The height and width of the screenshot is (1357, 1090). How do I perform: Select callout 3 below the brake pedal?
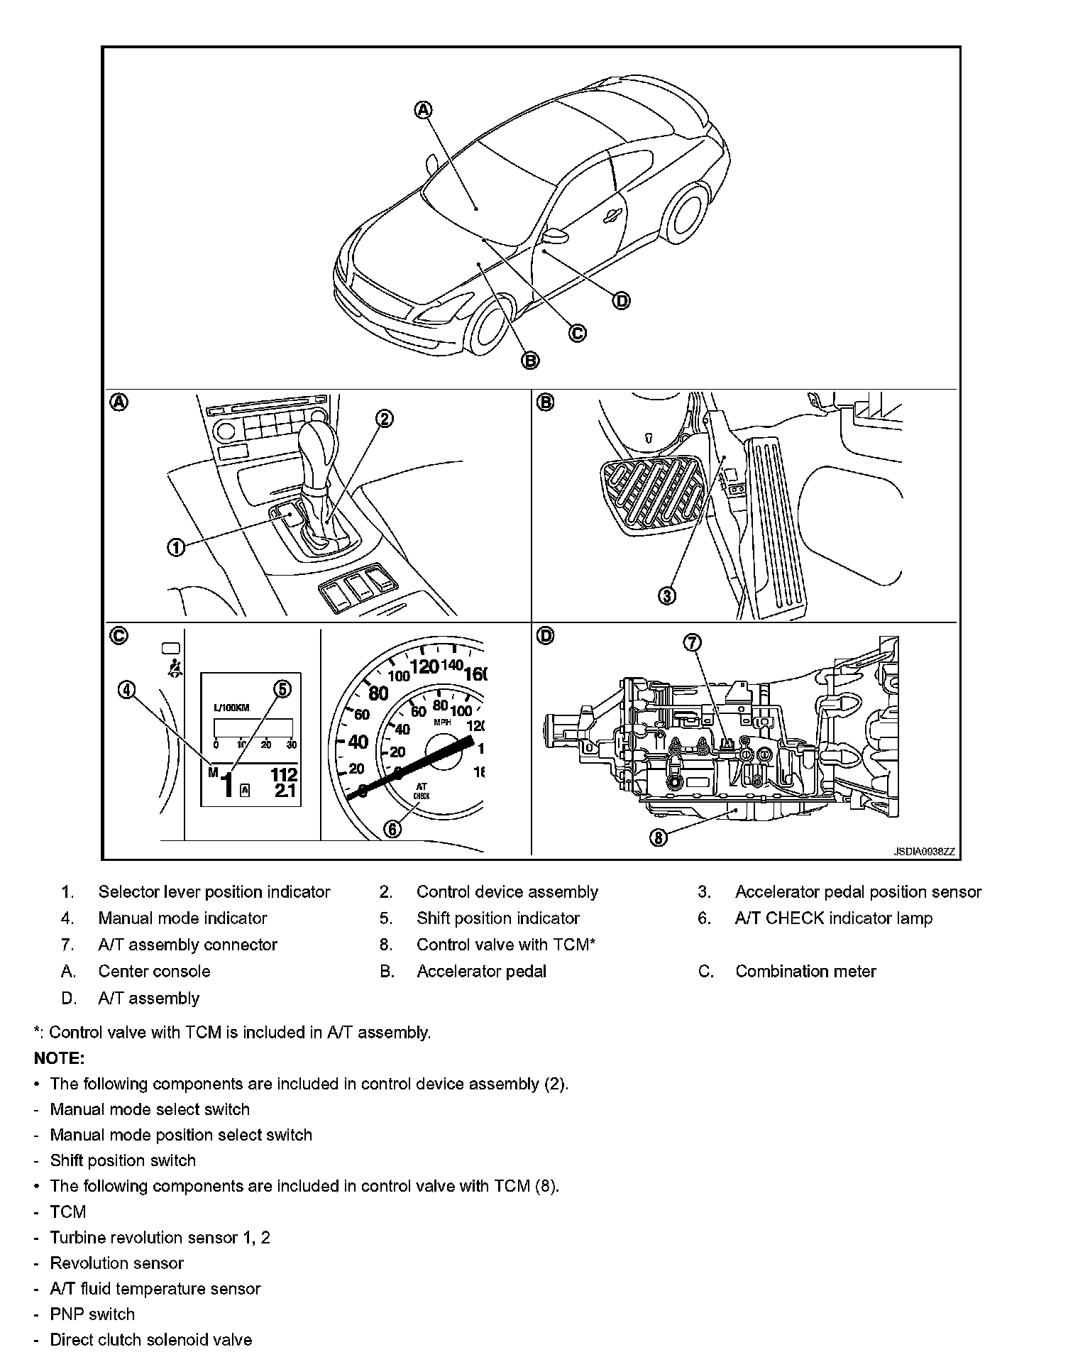pyautogui.click(x=667, y=595)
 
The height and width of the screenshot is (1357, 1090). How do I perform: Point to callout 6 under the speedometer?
pyautogui.click(x=392, y=828)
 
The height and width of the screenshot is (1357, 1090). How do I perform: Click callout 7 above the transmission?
pyautogui.click(x=692, y=642)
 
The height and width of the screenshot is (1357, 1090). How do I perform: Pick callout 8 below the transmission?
pyautogui.click(x=659, y=837)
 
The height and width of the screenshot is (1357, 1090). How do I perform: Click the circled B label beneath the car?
pyautogui.click(x=531, y=361)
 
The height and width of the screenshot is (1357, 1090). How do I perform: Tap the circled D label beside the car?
pyautogui.click(x=621, y=301)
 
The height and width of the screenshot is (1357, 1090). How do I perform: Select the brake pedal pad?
pyautogui.click(x=649, y=493)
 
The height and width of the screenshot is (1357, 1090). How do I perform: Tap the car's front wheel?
pyautogui.click(x=491, y=329)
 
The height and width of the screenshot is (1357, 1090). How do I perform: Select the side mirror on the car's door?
pyautogui.click(x=555, y=236)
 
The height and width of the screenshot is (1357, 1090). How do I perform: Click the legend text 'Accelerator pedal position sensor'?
pyautogui.click(x=858, y=892)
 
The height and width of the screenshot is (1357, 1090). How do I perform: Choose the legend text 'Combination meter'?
pyautogui.click(x=805, y=972)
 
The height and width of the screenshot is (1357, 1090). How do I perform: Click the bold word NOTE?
pyautogui.click(x=60, y=1058)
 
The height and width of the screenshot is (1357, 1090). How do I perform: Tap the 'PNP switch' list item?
pyautogui.click(x=92, y=1314)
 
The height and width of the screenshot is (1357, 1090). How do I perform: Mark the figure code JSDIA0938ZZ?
pyautogui.click(x=924, y=852)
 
